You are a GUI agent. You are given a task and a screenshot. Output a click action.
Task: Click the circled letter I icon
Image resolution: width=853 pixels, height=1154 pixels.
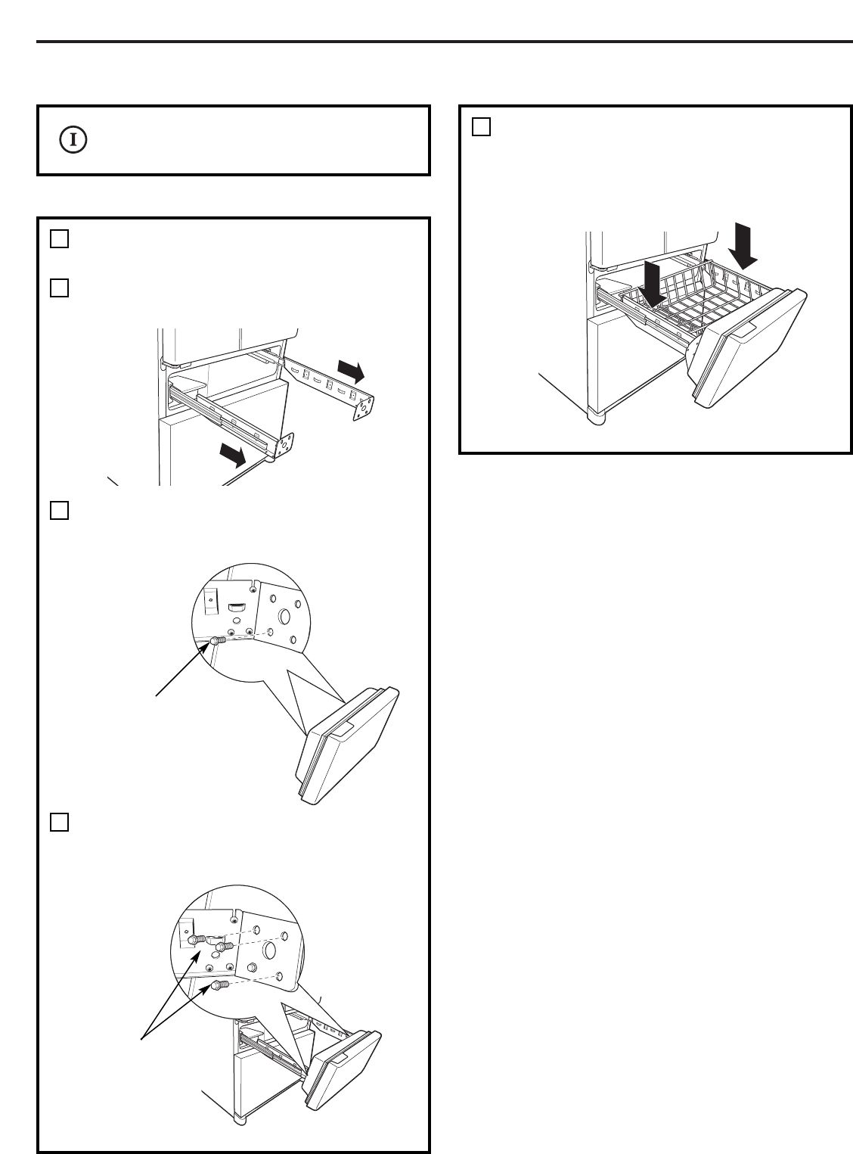73,140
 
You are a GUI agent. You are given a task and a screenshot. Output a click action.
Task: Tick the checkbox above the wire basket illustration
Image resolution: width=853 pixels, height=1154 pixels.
482,126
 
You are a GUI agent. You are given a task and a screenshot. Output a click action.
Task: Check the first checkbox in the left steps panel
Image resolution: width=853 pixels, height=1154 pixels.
60,239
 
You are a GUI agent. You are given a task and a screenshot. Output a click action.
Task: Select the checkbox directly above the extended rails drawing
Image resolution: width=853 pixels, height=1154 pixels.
60,288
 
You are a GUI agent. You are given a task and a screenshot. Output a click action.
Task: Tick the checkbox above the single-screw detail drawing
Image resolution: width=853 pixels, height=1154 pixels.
60,511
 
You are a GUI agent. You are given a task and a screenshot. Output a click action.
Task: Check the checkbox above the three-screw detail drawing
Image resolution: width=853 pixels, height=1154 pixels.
60,822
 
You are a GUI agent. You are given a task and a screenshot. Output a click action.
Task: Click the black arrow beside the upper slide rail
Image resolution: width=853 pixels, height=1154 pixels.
352,372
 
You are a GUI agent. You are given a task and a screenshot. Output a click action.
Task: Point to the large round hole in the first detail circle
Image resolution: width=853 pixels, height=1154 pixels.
284,617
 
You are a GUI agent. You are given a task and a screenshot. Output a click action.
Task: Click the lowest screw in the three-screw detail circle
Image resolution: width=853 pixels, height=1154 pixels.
220,985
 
